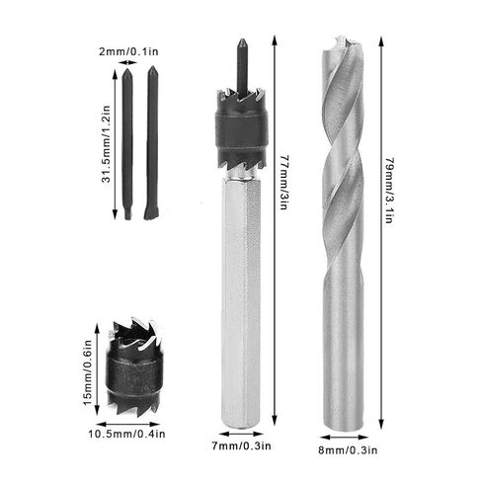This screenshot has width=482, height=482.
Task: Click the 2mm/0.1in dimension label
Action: (128, 51)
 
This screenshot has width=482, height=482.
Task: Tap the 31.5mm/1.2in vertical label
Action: (106, 144)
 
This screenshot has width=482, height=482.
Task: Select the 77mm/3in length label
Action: (283, 182)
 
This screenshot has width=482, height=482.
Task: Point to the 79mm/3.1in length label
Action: (390, 191)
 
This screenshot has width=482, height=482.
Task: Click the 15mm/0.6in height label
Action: (87, 373)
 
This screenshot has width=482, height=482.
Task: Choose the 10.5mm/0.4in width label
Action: (126, 434)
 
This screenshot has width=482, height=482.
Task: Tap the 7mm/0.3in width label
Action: (241, 445)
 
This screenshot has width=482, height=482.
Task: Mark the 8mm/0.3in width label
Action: (348, 449)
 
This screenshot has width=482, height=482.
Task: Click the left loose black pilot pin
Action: (127, 143)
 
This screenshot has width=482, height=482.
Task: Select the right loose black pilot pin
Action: (151, 142)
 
